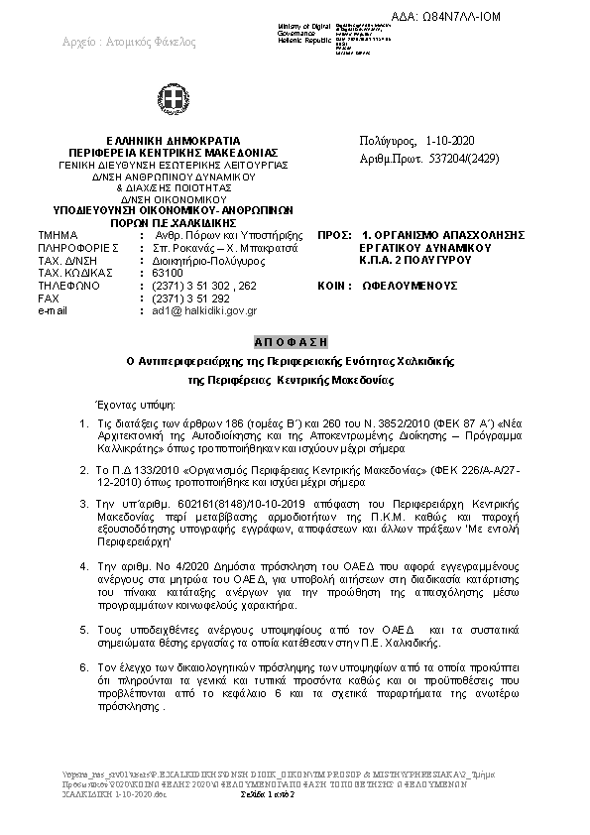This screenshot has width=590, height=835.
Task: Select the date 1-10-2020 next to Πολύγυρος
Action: point(450,142)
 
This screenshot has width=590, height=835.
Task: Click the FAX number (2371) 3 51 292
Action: point(190,297)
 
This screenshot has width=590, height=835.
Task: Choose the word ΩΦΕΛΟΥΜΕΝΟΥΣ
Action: point(409,285)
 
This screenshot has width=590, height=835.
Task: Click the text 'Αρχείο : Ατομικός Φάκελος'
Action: point(129,42)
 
